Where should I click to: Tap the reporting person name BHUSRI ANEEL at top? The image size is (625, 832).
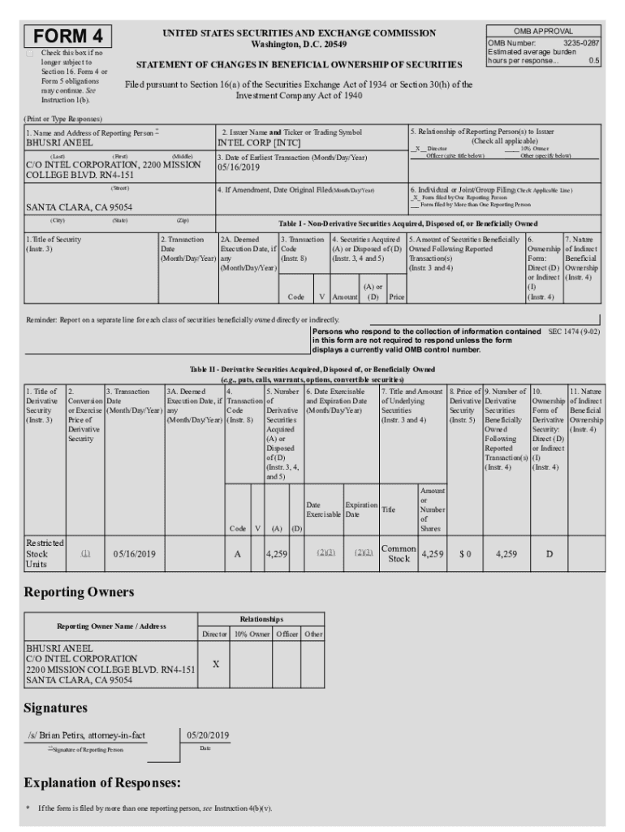[x=58, y=142]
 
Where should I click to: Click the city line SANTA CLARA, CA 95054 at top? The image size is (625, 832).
[x=79, y=207]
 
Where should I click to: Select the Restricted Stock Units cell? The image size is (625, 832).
[x=45, y=553]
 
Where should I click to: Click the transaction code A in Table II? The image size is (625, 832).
[x=237, y=554]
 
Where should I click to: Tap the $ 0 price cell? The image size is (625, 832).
[x=464, y=554]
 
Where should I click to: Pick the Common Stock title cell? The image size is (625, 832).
[x=399, y=554]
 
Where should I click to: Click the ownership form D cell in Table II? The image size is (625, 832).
[x=549, y=554]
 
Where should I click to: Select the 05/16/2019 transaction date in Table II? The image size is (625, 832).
[x=135, y=554]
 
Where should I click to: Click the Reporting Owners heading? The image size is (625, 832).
[x=79, y=591]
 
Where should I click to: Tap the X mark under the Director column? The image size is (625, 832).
[x=215, y=664]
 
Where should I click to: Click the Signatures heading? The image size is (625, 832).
[x=55, y=708]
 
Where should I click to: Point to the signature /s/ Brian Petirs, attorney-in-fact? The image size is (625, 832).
[x=87, y=735]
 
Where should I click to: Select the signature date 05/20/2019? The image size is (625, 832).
[x=208, y=735]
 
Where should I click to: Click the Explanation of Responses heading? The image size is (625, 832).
[x=101, y=783]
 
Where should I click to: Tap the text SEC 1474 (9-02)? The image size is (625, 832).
[x=574, y=331]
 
